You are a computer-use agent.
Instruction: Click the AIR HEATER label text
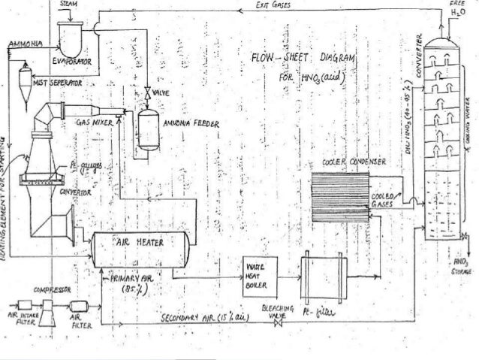[x=134, y=244]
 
